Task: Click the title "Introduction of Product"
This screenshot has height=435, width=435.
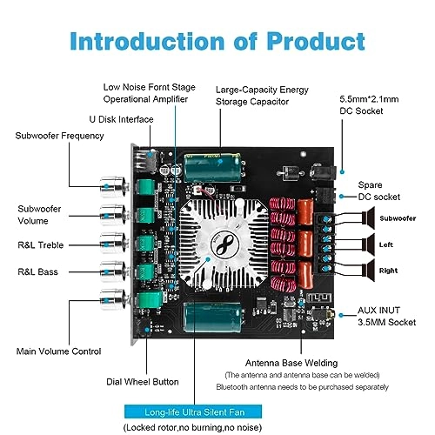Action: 217,40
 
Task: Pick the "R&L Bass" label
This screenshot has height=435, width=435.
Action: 38,272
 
